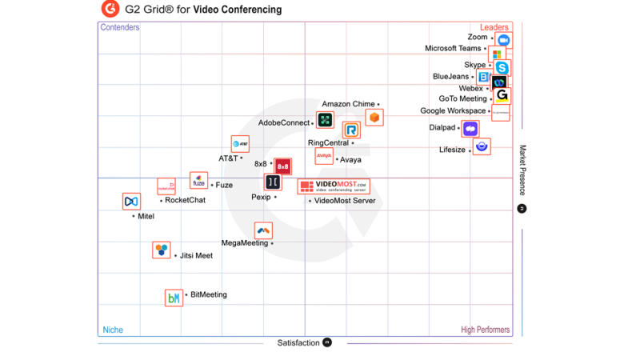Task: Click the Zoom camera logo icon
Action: [x=503, y=40]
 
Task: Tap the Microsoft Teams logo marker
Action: [x=497, y=54]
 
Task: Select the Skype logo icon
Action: [x=502, y=69]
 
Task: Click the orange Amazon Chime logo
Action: [x=374, y=118]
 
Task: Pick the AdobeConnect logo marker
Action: [x=325, y=121]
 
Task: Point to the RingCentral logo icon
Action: [x=351, y=130]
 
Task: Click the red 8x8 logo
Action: [x=282, y=166]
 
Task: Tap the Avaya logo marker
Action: [x=324, y=155]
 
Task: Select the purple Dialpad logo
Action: [x=470, y=128]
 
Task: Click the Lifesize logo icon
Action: [x=482, y=146]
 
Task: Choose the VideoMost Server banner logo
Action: [x=334, y=186]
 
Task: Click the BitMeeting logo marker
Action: [x=174, y=298]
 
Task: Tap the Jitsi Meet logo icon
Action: [x=162, y=250]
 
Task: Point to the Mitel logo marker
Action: [x=131, y=202]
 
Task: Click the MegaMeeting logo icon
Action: [x=263, y=230]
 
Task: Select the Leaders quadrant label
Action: [x=494, y=28]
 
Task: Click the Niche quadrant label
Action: [x=113, y=330]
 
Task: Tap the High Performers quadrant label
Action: [x=485, y=330]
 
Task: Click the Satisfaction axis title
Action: [x=298, y=343]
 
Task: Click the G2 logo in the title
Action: [x=110, y=10]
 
